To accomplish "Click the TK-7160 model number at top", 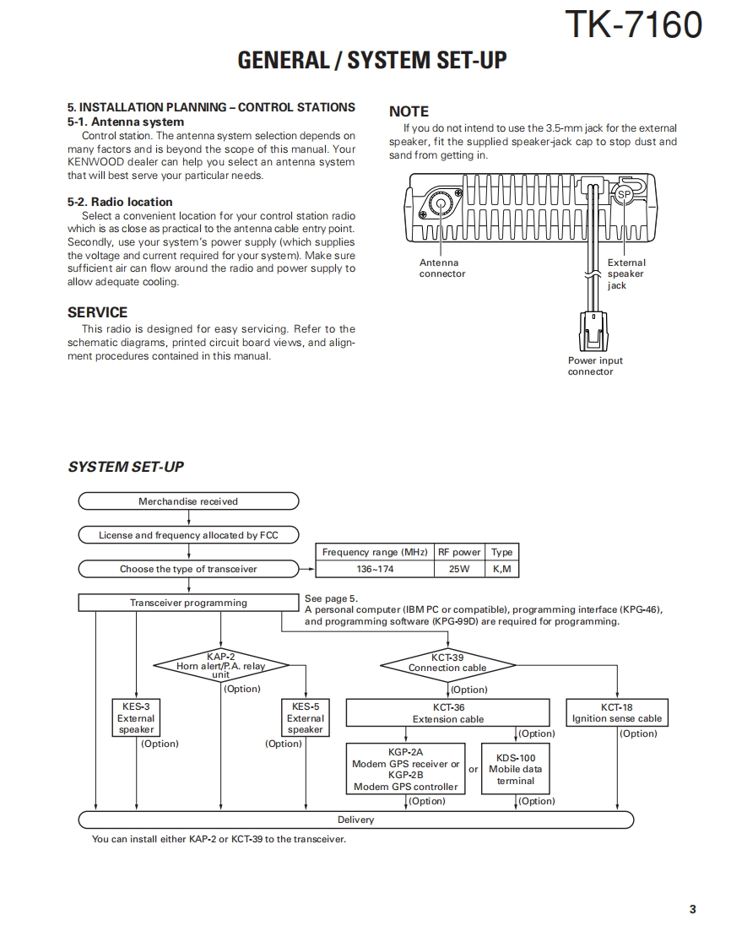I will [632, 24].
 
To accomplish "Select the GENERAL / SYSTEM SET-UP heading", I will [372, 61].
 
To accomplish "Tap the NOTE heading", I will [409, 111].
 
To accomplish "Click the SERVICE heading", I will [97, 312].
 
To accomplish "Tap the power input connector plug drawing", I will [594, 332].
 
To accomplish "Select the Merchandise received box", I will [188, 501].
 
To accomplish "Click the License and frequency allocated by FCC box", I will [188, 535].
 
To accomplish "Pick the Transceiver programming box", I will [188, 603].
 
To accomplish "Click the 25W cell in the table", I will [459, 569].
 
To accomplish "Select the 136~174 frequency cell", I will [375, 569].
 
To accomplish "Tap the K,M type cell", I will [502, 569].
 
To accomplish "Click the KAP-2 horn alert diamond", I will [220, 665].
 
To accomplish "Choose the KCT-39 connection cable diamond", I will [447, 663].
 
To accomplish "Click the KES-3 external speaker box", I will [136, 718].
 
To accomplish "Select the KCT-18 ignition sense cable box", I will [617, 713].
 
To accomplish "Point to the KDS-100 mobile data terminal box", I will [516, 769].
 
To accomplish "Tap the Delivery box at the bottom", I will [355, 820].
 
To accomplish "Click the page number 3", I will [692, 909].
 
